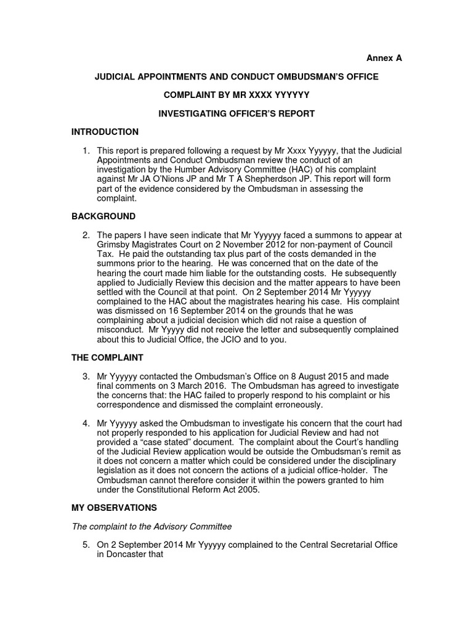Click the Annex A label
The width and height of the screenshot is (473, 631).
(x=384, y=58)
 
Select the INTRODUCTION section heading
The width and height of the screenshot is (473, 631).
(x=105, y=132)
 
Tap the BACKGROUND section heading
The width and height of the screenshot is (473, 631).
(x=103, y=216)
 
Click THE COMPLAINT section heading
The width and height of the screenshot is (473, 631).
(x=107, y=357)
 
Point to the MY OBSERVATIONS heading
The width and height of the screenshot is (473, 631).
(x=114, y=508)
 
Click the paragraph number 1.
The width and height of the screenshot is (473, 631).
(x=87, y=150)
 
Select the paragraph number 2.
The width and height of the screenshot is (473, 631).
(x=87, y=235)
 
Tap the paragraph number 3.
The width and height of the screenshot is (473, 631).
(x=87, y=376)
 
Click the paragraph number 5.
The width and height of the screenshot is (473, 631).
(x=87, y=545)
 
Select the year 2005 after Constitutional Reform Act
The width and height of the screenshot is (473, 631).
(x=246, y=489)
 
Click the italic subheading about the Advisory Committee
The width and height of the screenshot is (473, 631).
(x=152, y=526)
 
